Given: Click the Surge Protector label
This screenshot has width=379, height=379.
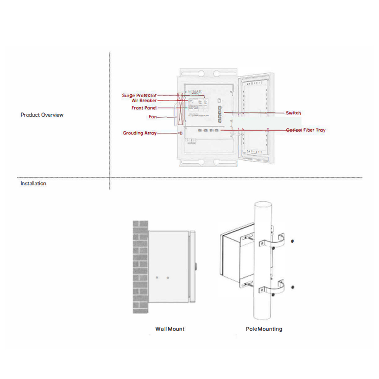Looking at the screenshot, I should [x=139, y=95].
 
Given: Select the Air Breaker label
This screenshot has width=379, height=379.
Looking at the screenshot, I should [x=144, y=101].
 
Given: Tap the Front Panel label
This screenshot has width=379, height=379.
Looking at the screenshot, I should [x=144, y=108].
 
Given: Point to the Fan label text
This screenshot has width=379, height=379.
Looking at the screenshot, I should [x=153, y=117].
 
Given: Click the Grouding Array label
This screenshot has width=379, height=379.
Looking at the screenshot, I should [x=140, y=133].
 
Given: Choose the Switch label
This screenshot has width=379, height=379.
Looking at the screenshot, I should [x=293, y=113].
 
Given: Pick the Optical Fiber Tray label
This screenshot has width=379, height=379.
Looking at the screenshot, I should [x=305, y=130].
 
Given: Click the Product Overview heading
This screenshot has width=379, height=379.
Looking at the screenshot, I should [x=42, y=115].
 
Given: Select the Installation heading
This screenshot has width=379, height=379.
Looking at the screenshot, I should [x=33, y=183].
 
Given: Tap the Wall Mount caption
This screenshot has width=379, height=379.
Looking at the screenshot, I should [x=170, y=329].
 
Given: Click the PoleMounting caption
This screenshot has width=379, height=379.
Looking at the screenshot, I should [x=264, y=329].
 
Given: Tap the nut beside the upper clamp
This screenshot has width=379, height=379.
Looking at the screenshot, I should [x=293, y=241].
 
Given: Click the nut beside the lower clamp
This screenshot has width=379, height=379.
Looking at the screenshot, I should [x=293, y=288].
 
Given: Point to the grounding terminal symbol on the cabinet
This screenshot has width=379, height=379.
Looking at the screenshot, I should [x=180, y=133].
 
